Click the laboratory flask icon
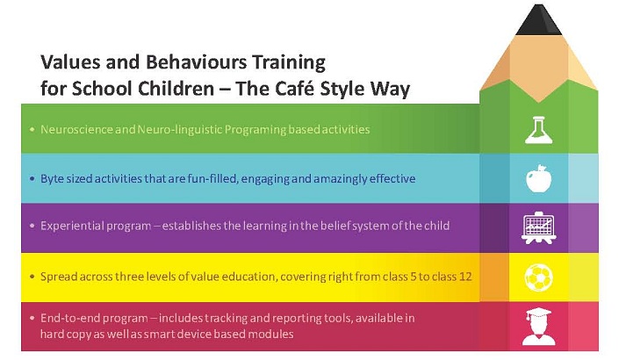pyautogui.click(x=538, y=130)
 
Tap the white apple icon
pyautogui.click(x=538, y=178)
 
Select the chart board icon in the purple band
pyautogui.click(x=538, y=228)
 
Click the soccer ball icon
pyautogui.click(x=538, y=277)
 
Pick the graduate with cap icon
pyautogui.click(x=538, y=327)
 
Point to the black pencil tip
pyautogui.click(x=538, y=20)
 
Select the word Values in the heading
pyautogui.click(x=68, y=62)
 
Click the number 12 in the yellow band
pyautogui.click(x=465, y=277)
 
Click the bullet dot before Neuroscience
pyautogui.click(x=32, y=129)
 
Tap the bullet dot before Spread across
pyautogui.click(x=32, y=277)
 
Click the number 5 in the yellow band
pyautogui.click(x=413, y=277)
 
